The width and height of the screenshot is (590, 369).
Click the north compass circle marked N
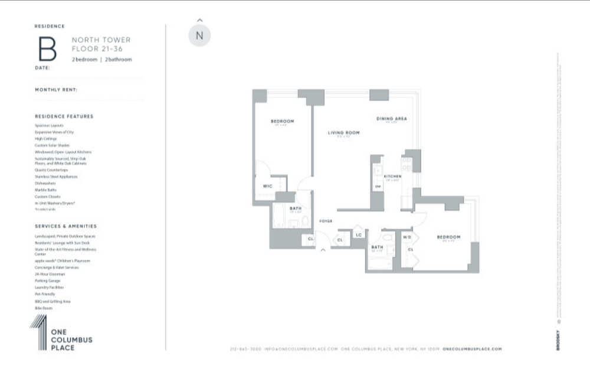pos(199,35)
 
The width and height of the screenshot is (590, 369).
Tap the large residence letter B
pos(47,50)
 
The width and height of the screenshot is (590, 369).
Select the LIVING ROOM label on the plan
pos(344,133)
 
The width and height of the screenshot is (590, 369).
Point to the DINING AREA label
pos(392,119)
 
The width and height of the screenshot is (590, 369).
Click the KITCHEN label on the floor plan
pos(392,177)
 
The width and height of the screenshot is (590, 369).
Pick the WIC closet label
pos(267,186)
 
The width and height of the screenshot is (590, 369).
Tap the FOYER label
pos(326,221)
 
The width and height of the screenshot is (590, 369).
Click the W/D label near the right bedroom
pos(407,237)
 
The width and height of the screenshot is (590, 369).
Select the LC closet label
pos(358,235)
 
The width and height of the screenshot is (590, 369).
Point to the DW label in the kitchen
pos(377,187)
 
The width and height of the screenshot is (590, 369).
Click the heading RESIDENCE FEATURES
pos(64,116)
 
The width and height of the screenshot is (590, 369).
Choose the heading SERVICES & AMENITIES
pos(66,226)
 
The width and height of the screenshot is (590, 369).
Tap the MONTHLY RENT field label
pos(57,90)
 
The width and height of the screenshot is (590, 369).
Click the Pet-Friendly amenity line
pos(45,295)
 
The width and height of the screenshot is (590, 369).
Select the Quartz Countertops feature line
pos(51,170)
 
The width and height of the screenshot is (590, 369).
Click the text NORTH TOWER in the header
pos(101,40)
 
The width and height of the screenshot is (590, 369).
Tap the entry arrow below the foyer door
pos(323,250)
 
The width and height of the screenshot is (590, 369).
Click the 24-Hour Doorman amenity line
pos(50,275)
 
